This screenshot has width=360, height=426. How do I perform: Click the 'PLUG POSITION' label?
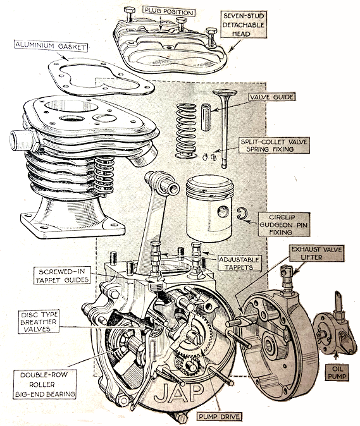pyautogui.click(x=169, y=11)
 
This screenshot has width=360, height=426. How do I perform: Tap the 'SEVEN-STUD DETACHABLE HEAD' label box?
pyautogui.click(x=244, y=25)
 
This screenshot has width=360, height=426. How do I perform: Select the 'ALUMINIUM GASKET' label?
pyautogui.click(x=51, y=46)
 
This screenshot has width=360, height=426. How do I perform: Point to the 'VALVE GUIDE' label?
pyautogui.click(x=271, y=97)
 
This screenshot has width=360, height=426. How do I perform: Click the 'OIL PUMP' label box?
pyautogui.click(x=337, y=372)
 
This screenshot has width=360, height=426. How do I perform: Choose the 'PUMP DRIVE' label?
pyautogui.click(x=220, y=417)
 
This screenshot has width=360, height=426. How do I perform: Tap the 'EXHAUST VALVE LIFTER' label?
pyautogui.click(x=317, y=253)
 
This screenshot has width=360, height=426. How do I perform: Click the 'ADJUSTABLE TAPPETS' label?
pyautogui.click(x=240, y=264)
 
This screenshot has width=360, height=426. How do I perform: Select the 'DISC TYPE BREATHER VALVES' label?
pyautogui.click(x=39, y=322)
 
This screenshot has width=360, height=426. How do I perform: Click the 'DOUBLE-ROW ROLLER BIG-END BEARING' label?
pyautogui.click(x=45, y=384)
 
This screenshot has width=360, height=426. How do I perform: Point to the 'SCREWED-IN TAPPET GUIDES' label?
pyautogui.click(x=62, y=276)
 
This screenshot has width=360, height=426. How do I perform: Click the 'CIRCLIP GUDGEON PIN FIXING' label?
pyautogui.click(x=284, y=224)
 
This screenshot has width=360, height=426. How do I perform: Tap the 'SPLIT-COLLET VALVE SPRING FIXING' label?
pyautogui.click(x=274, y=145)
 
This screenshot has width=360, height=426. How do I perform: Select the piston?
pyautogui.click(x=210, y=209)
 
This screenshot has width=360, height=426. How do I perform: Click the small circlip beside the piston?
pyautogui.click(x=240, y=214)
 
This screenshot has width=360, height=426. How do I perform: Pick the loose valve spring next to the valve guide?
pyautogui.click(x=186, y=131)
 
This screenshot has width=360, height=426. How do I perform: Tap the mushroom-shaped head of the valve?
pyautogui.click(x=225, y=93)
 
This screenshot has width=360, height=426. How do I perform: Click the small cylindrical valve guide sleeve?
pyautogui.click(x=206, y=117)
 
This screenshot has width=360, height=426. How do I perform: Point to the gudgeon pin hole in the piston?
pyautogui.click(x=223, y=211)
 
